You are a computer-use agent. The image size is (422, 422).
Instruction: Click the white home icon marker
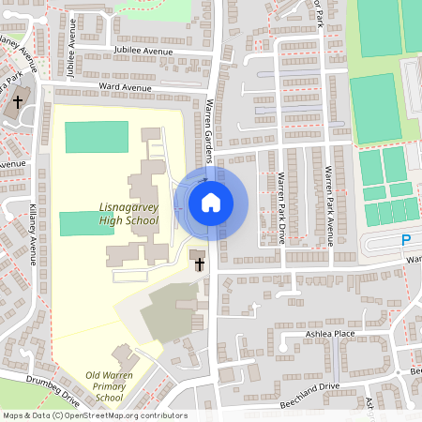pos(211,202)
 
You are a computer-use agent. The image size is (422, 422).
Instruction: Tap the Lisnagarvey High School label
pos(129,213)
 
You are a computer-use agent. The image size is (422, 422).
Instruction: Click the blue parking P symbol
pos(406,240)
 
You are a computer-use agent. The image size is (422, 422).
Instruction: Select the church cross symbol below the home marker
pos(200,264)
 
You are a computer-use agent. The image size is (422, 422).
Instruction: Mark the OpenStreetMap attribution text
pos(94,415)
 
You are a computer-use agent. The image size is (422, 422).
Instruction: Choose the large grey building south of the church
pos(168,312)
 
